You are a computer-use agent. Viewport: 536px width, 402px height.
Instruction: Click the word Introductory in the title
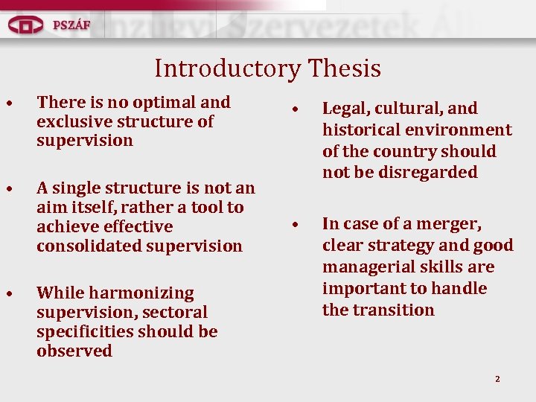pyautogui.click(x=224, y=69)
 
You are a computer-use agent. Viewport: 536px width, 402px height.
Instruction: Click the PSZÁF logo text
pyautogui.click(x=71, y=25)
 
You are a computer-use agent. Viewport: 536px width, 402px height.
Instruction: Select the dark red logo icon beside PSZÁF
pyautogui.click(x=26, y=25)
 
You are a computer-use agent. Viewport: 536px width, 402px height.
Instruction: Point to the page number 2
pyautogui.click(x=497, y=380)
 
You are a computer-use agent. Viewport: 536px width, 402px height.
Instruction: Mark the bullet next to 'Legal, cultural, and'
pyautogui.click(x=296, y=109)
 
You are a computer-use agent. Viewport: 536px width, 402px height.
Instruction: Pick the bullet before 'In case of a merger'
pyautogui.click(x=296, y=225)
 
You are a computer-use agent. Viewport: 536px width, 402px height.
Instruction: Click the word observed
pyautogui.click(x=74, y=351)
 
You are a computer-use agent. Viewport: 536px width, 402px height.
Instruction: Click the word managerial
pyautogui.click(x=366, y=267)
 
